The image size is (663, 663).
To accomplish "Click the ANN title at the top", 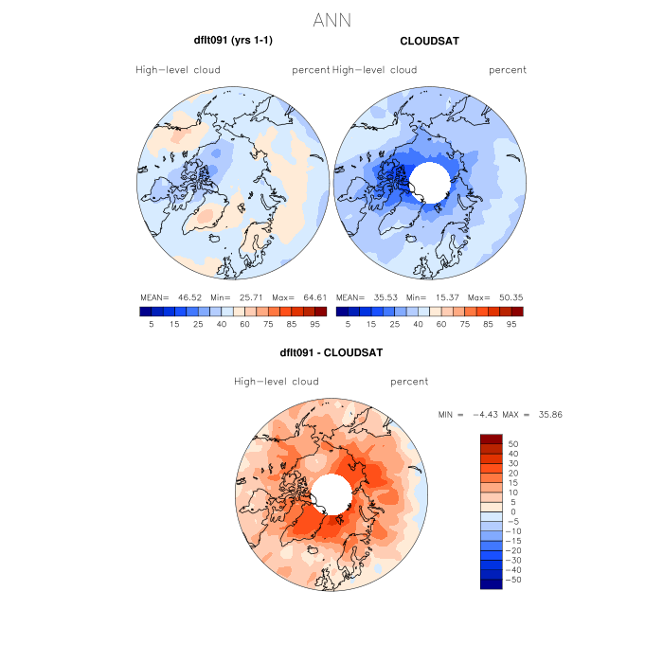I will pyautogui.click(x=331, y=20).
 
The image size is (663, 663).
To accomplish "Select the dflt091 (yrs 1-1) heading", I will pyautogui.click(x=233, y=41).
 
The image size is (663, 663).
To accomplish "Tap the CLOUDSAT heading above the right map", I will pyautogui.click(x=430, y=41).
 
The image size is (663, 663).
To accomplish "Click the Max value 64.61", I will pyautogui.click(x=314, y=296).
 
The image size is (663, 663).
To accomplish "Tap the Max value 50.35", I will pyautogui.click(x=510, y=296).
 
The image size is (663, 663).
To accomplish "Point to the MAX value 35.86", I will pyautogui.click(x=548, y=415).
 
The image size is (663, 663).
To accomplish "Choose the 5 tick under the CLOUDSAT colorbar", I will pyautogui.click(x=348, y=324).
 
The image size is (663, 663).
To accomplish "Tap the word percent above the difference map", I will pyautogui.click(x=408, y=382).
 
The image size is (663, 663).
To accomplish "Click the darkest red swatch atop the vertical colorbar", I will pyautogui.click(x=492, y=439).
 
